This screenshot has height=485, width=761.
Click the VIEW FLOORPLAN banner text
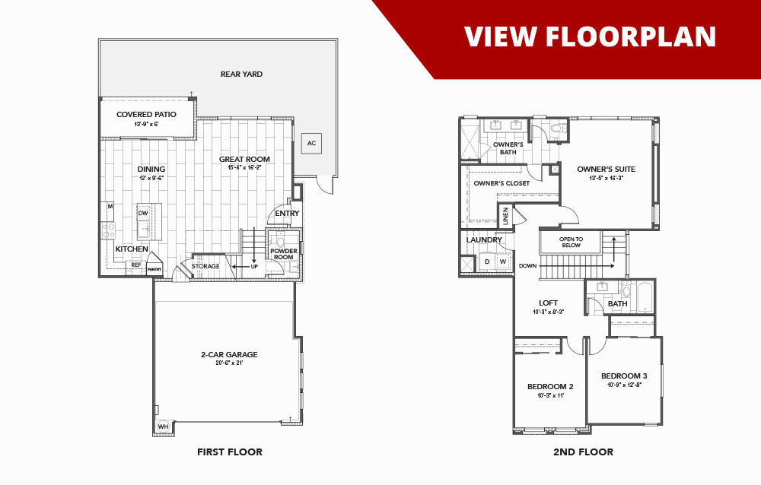[x=590, y=36]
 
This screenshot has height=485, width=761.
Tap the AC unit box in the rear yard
[x=310, y=143]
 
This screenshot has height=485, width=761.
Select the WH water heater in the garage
[x=163, y=427]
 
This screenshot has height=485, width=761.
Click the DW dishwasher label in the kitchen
[x=142, y=214]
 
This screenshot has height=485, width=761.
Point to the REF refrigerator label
[x=136, y=265]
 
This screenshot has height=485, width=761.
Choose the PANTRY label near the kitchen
[x=154, y=269]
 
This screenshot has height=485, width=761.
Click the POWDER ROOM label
[x=283, y=254]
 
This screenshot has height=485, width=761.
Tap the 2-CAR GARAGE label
[x=229, y=354]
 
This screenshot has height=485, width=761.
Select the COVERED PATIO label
[x=146, y=115]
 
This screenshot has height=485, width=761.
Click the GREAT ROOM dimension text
[x=244, y=167]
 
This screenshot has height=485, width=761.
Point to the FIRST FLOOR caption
[x=229, y=452]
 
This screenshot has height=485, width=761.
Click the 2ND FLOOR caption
[x=583, y=452]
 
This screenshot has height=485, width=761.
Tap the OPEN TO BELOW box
[x=570, y=242]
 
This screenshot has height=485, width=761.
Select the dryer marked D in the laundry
[x=487, y=262]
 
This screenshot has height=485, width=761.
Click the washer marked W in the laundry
[x=502, y=262]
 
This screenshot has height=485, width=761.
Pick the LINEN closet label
[x=505, y=217]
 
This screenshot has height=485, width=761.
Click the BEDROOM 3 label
[x=624, y=376]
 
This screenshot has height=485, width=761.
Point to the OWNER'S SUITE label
[x=606, y=170]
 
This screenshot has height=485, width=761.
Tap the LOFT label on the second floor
[x=548, y=303]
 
